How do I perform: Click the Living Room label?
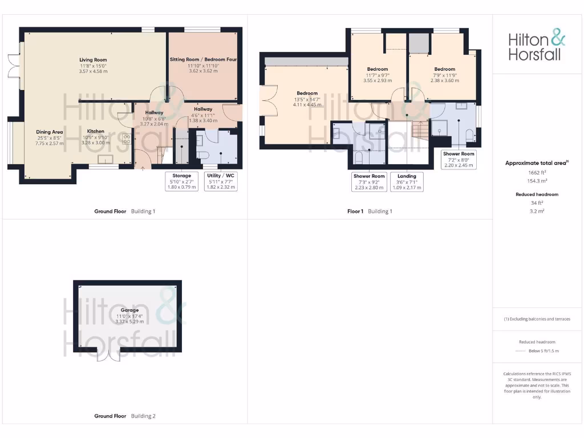(93, 60)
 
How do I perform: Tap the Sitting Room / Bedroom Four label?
(203, 59)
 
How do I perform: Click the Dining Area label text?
(50, 132)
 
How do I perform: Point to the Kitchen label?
(95, 131)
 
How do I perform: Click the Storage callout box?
(181, 181)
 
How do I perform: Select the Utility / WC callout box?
(221, 181)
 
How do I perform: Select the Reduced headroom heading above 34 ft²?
(537, 194)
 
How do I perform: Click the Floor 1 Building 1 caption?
(370, 211)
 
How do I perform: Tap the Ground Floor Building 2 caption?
(124, 416)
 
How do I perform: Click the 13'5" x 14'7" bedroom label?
(307, 99)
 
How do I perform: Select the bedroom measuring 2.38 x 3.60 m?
(444, 75)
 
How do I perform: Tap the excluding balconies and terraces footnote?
(537, 319)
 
